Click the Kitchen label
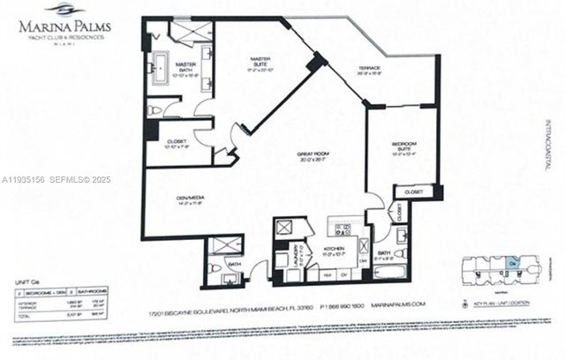point(335,251)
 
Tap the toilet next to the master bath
point(157,110)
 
